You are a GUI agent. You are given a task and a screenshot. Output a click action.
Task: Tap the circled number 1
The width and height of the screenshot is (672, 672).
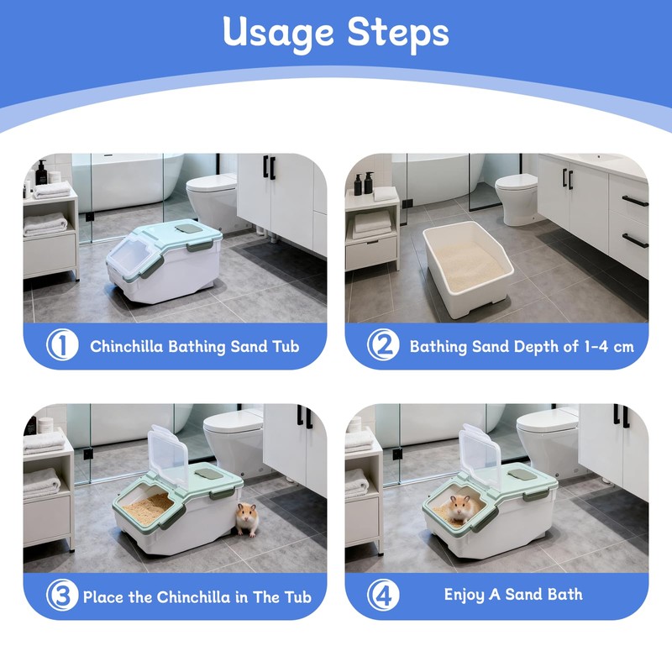[62, 344]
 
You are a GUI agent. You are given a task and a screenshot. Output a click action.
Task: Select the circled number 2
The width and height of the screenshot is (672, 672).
[383, 344]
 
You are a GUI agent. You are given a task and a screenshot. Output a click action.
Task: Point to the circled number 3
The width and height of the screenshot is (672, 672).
[62, 595]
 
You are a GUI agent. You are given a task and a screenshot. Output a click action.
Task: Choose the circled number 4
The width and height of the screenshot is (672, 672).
[383, 595]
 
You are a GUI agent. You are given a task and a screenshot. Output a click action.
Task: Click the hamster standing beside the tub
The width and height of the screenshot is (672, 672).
[247, 519]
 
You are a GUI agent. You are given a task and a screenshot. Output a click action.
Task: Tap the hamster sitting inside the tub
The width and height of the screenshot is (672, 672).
[459, 509]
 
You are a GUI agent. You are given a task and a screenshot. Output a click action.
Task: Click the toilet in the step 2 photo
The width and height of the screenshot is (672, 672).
[517, 199]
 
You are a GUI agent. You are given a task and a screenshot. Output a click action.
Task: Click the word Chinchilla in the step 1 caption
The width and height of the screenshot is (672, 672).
[127, 346]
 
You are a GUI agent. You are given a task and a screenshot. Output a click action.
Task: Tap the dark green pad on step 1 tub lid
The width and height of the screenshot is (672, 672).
[188, 228]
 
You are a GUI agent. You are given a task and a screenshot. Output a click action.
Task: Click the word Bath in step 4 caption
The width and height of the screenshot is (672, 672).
[564, 595]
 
